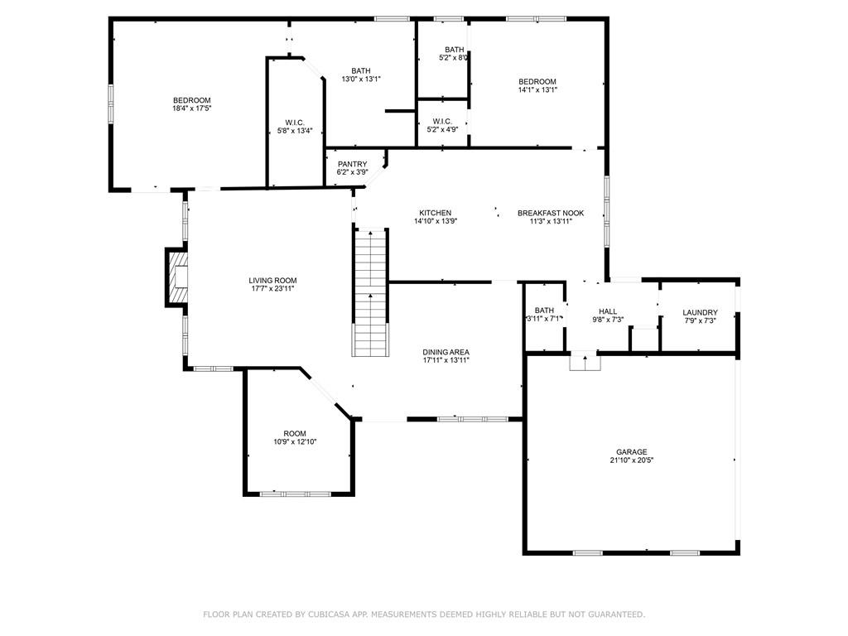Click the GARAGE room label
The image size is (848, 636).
631,452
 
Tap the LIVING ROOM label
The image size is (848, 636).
272,280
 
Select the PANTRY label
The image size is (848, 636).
352,164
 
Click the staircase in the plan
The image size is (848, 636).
370,292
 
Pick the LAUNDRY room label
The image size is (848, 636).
700,312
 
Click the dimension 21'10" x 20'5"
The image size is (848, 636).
631,460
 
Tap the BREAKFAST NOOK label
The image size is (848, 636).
551,213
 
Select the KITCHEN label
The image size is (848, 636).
435,213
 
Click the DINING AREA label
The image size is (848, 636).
446,352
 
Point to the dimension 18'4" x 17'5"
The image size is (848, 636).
191,108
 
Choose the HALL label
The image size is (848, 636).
607,311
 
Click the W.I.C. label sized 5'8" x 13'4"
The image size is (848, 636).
295,123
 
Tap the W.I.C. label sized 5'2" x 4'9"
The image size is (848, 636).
442,121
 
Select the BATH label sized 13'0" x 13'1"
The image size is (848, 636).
361,70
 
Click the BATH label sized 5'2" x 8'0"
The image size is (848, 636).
455,49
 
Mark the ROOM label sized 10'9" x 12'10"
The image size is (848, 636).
295,433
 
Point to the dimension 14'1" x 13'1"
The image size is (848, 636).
537,89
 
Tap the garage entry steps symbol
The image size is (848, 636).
585,361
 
